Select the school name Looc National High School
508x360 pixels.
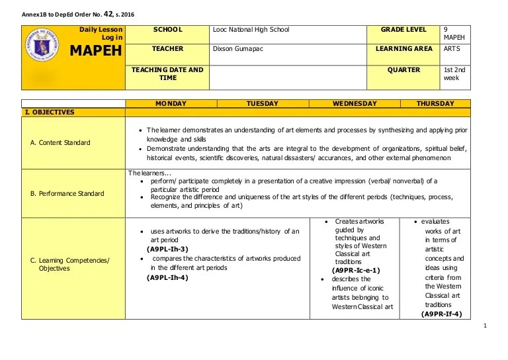(251, 30)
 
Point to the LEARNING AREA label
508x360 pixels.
(404, 49)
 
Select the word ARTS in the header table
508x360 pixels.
(452, 49)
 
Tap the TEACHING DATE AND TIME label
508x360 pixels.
(167, 73)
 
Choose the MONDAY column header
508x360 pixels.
(171, 104)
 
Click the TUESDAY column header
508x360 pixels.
(263, 104)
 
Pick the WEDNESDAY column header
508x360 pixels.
(355, 104)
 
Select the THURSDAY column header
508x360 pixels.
(435, 104)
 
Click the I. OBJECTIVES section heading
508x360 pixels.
(50, 112)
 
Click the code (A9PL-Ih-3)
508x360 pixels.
(167, 249)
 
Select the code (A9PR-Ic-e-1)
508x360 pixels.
(356, 271)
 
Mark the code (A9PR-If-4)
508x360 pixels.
(441, 314)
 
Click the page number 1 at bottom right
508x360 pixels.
(485, 325)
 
